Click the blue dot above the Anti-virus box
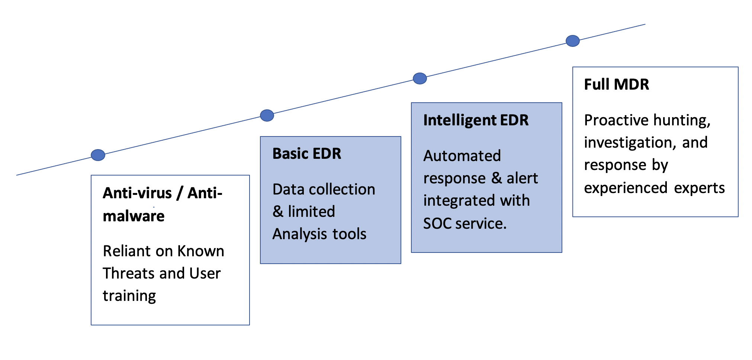coord(98,155)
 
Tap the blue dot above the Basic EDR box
coord(267,115)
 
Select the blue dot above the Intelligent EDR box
coord(420,78)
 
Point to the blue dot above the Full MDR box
coord(573,41)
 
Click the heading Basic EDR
coord(307,154)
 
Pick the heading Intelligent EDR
coord(476,120)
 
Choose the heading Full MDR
coord(617,84)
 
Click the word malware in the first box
coord(134,216)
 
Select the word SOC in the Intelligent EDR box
coord(437,224)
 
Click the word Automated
coord(462,156)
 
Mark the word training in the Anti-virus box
coord(129,296)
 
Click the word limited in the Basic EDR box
coord(311,212)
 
